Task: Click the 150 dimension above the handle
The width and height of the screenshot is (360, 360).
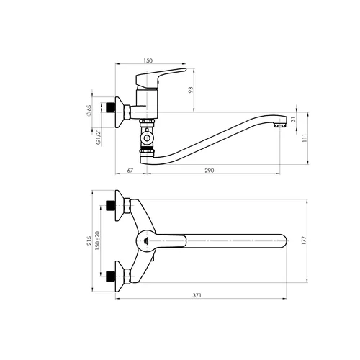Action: pos(148,60)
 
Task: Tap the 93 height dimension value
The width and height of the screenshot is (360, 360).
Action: pos(191,90)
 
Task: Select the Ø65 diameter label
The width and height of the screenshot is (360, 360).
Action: pos(89,111)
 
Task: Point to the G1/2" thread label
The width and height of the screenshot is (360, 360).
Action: pos(98,138)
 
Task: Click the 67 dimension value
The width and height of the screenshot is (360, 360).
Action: pos(130,171)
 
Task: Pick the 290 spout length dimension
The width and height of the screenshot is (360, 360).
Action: pos(210,171)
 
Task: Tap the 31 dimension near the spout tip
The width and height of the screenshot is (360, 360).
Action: pos(294,120)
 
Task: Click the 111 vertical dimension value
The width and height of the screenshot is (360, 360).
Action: pos(305,138)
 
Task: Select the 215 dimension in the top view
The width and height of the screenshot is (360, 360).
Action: pos(89,240)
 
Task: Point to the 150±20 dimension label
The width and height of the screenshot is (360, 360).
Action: pos(97,240)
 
